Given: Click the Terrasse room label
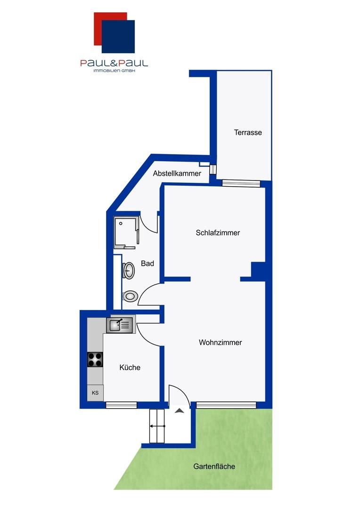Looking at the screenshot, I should [248, 132].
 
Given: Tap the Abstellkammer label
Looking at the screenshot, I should [177, 173].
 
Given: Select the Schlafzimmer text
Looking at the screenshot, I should [218, 233].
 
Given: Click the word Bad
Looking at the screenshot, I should [147, 263].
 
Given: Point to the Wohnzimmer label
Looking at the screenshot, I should [220, 343].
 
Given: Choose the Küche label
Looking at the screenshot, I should [130, 367].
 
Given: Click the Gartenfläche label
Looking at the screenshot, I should [214, 467].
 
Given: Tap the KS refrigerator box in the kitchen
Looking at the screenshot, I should [95, 393].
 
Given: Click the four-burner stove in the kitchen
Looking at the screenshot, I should [95, 360].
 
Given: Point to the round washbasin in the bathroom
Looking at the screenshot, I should [129, 271].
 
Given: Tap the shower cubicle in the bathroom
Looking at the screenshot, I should [126, 232].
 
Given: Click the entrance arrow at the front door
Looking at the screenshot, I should [179, 411].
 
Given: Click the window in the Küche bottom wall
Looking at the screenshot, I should [121, 405].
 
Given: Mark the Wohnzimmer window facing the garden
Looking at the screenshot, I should [226, 405].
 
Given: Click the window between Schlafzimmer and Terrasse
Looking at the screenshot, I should [241, 184].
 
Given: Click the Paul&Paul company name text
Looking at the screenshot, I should [114, 63].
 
